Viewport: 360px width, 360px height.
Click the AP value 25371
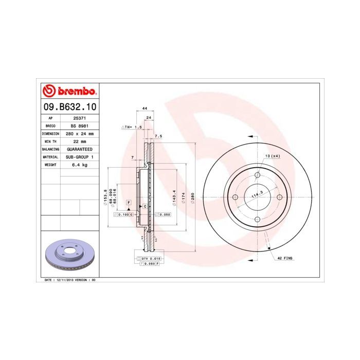[80, 118]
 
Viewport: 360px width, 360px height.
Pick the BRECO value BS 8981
[80, 125]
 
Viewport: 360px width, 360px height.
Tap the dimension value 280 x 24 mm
[80, 133]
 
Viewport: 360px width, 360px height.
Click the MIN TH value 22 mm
[80, 141]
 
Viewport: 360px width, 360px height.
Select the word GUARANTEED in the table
[80, 149]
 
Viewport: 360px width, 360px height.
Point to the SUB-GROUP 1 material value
[80, 156]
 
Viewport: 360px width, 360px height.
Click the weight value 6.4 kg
[80, 165]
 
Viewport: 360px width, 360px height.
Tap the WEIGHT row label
[50, 165]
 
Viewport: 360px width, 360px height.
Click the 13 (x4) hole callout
[272, 155]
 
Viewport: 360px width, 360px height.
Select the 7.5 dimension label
[158, 136]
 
